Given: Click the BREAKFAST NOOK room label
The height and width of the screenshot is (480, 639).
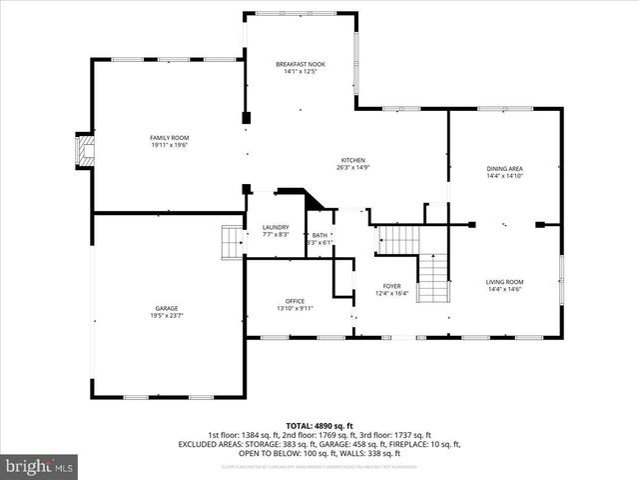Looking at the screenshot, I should pyautogui.click(x=301, y=64).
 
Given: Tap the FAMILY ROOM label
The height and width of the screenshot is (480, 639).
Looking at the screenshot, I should pyautogui.click(x=169, y=137).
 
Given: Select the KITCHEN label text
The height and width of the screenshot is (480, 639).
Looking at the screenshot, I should pyautogui.click(x=353, y=160).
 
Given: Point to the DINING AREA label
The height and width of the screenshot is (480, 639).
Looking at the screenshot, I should pyautogui.click(x=504, y=169).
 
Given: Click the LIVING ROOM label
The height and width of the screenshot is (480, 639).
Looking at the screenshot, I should pyautogui.click(x=504, y=282).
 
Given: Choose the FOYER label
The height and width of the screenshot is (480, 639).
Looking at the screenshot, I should pyautogui.click(x=391, y=285).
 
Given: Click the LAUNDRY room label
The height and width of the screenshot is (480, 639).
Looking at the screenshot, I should pyautogui.click(x=275, y=227).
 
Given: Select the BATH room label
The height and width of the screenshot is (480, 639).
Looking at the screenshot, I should pyautogui.click(x=319, y=235).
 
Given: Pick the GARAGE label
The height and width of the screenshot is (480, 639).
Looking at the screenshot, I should pyautogui.click(x=167, y=308).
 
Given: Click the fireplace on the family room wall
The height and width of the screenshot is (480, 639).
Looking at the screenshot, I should pyautogui.click(x=82, y=150).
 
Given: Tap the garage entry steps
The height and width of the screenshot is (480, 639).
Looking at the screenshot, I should pyautogui.click(x=232, y=241).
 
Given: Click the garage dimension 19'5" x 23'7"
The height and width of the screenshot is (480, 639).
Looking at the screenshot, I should pyautogui.click(x=167, y=316).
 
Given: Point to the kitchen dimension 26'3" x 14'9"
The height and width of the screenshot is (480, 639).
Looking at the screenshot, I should pyautogui.click(x=353, y=168).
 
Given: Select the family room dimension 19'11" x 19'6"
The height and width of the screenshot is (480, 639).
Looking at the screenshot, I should pyautogui.click(x=169, y=145).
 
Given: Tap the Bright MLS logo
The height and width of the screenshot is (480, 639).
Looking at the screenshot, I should pyautogui.click(x=40, y=466).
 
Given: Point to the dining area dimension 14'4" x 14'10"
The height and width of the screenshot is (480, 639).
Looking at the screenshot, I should pyautogui.click(x=504, y=177).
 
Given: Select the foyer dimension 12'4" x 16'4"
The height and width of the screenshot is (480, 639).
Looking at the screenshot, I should pyautogui.click(x=391, y=293).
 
